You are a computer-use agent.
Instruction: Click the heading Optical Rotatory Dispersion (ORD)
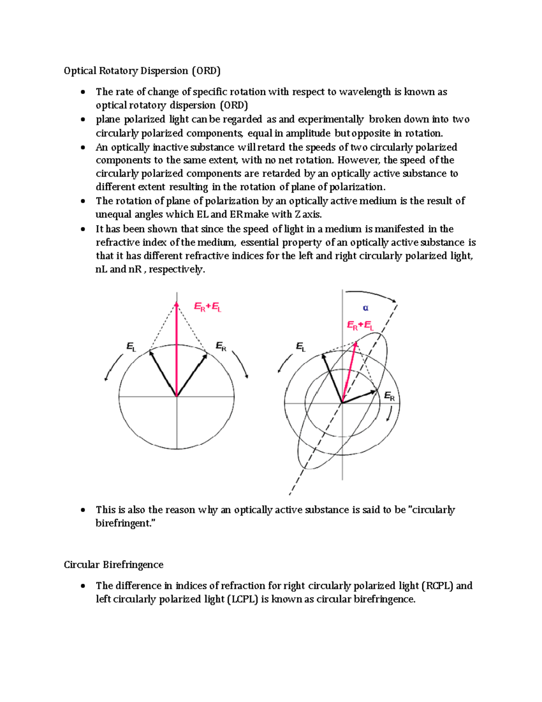pyautogui.click(x=142, y=71)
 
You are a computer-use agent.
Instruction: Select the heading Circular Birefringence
pyautogui.click(x=113, y=565)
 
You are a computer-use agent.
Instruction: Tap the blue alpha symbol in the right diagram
pyautogui.click(x=365, y=308)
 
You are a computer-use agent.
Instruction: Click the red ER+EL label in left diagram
pyautogui.click(x=207, y=307)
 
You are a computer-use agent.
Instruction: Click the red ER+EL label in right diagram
pyautogui.click(x=360, y=325)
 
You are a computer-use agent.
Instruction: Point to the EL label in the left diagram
pyautogui.click(x=131, y=347)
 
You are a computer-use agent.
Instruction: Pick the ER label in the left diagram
pyautogui.click(x=220, y=347)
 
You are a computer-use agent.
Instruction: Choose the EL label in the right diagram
pyautogui.click(x=300, y=347)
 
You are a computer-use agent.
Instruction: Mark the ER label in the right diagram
pyautogui.click(x=389, y=397)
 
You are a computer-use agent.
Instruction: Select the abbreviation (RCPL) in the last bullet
pyautogui.click(x=437, y=586)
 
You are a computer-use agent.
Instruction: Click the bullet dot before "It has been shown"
pyautogui.click(x=83, y=229)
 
